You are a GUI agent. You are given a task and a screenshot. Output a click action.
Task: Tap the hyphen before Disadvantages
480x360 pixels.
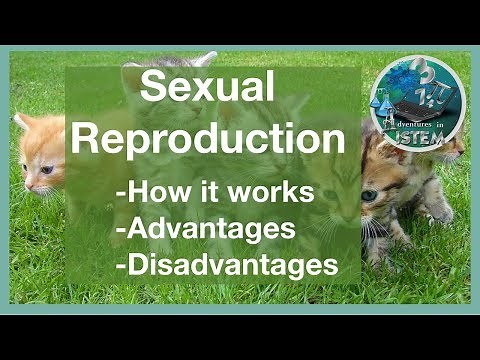click(x=121, y=267)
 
